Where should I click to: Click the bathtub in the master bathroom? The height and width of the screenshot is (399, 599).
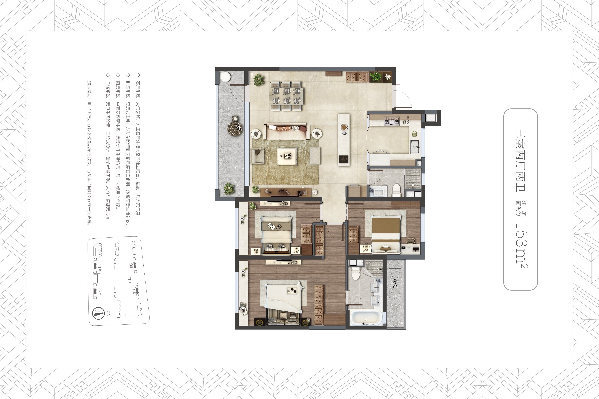tap(366, 317)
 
